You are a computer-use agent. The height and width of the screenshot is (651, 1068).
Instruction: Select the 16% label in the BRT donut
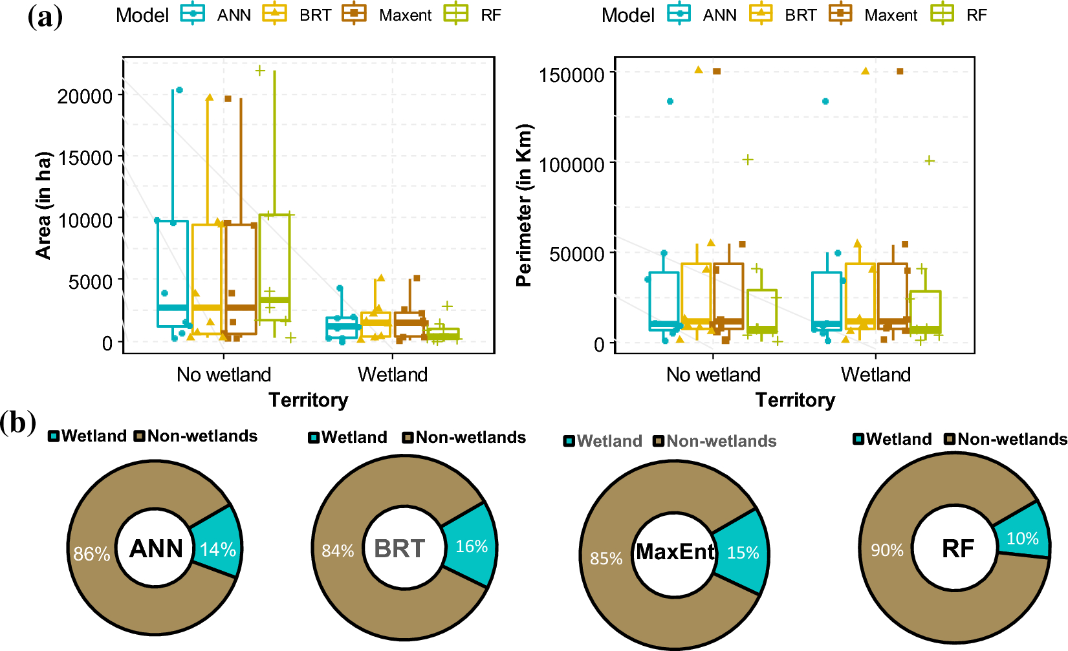click(x=472, y=546)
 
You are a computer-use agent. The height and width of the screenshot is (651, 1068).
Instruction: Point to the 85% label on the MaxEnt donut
click(x=606, y=557)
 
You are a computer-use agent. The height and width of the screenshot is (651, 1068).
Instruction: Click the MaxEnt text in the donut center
click(x=675, y=552)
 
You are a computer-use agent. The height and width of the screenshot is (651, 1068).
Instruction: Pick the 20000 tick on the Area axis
click(x=85, y=96)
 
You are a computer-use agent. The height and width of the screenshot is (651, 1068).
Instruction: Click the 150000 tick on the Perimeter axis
click(x=572, y=74)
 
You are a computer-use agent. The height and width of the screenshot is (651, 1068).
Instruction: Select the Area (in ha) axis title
click(x=43, y=206)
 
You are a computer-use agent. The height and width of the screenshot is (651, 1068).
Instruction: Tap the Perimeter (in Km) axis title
click(x=524, y=206)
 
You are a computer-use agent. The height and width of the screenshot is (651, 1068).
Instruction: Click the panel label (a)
click(x=45, y=17)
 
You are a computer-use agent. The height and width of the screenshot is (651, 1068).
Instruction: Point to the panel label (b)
click(x=18, y=423)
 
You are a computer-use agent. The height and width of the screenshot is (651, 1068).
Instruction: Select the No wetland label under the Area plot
click(x=224, y=374)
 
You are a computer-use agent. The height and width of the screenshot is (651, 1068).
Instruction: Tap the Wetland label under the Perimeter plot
click(x=876, y=374)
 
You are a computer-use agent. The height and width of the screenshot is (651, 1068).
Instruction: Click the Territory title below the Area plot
click(x=309, y=400)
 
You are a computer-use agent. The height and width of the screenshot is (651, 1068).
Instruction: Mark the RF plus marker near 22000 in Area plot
click(x=260, y=70)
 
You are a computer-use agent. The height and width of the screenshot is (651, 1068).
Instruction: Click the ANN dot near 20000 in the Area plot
click(x=180, y=90)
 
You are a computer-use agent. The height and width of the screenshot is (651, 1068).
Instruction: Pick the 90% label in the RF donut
click(x=887, y=550)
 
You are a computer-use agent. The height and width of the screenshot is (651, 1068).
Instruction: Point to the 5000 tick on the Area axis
click(x=90, y=281)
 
